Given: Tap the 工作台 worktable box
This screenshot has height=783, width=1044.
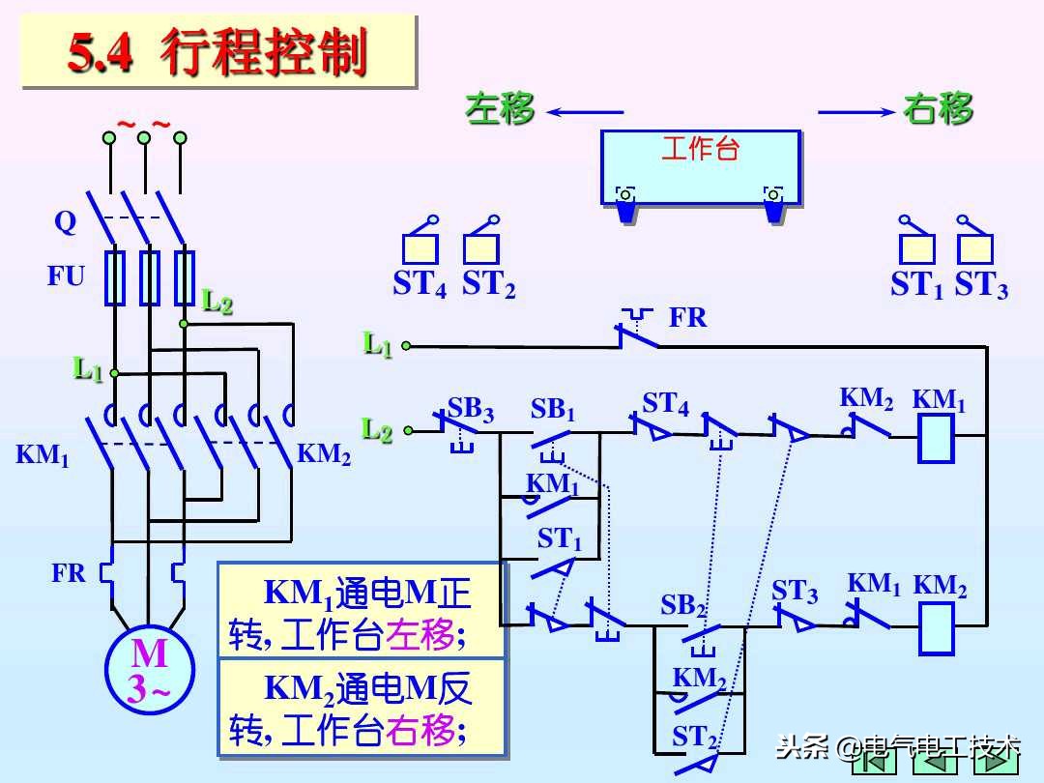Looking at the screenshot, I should (700, 166).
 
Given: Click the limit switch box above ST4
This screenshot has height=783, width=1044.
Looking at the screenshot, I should (420, 248).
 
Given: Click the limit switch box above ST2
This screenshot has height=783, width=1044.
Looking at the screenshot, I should (480, 248).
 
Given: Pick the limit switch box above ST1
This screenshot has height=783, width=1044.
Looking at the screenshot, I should (916, 248).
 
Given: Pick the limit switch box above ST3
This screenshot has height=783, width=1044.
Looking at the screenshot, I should (974, 248).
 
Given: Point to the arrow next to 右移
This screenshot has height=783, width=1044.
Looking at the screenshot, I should (856, 112).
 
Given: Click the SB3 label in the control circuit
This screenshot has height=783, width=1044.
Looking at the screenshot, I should (470, 409).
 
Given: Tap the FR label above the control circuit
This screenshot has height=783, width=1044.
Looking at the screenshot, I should (687, 317).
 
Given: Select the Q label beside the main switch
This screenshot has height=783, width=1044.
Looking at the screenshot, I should (65, 222).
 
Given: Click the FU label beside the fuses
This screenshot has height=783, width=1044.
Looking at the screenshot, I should (67, 276).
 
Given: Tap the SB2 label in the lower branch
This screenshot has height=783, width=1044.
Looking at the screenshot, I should (682, 605).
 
